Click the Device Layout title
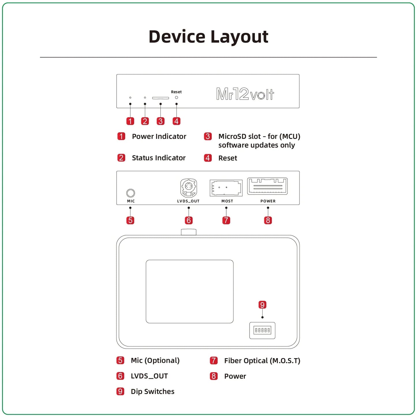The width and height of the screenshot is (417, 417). coord(208,37)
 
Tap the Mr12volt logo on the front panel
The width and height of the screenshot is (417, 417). coord(245,94)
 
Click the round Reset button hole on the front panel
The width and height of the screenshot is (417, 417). coord(176,98)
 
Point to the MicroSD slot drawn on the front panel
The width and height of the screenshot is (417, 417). coord(160,98)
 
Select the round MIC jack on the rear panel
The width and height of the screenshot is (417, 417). coord(131,193)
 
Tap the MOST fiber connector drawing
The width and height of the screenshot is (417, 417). coord(226,188)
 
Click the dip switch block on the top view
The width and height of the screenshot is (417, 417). coord(262,330)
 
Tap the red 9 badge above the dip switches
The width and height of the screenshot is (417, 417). coord(262,305)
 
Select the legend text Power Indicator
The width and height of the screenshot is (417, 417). coord(159,136)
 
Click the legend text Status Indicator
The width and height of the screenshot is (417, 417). coord(158,158)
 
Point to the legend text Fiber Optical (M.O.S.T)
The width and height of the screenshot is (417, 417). coord(262,361)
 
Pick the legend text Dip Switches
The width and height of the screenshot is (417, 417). coord(152,392)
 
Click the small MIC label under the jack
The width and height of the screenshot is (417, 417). coord(131,201)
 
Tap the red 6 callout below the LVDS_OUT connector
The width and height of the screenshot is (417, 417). coord(189,220)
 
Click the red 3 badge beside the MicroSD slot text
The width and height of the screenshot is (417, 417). coord(208,136)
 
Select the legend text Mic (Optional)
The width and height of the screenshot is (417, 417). coord(155,360)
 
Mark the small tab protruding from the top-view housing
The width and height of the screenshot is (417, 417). coord(188,232)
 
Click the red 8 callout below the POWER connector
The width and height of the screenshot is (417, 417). coord(268,220)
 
